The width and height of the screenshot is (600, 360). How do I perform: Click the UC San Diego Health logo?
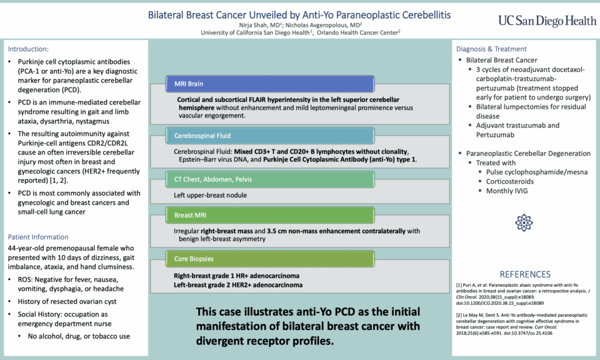(x=547, y=20)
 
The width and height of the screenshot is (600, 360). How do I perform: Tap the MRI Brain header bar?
(x=269, y=84)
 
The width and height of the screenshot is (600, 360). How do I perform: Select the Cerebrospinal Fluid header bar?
(x=269, y=135)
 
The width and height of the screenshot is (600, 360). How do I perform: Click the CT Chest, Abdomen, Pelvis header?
(x=269, y=180)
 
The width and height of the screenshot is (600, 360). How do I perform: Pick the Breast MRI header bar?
(x=269, y=216)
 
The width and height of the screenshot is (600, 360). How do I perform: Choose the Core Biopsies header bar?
(x=269, y=259)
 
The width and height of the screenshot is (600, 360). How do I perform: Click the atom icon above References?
(x=523, y=223)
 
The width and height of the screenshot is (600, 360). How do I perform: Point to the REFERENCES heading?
(x=524, y=274)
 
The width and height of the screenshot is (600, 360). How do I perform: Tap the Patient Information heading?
(x=38, y=237)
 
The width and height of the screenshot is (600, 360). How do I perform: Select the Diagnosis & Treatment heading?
(x=491, y=49)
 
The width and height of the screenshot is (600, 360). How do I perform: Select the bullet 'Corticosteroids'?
(x=514, y=181)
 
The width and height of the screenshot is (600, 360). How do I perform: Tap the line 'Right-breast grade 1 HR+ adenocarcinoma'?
(x=237, y=276)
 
